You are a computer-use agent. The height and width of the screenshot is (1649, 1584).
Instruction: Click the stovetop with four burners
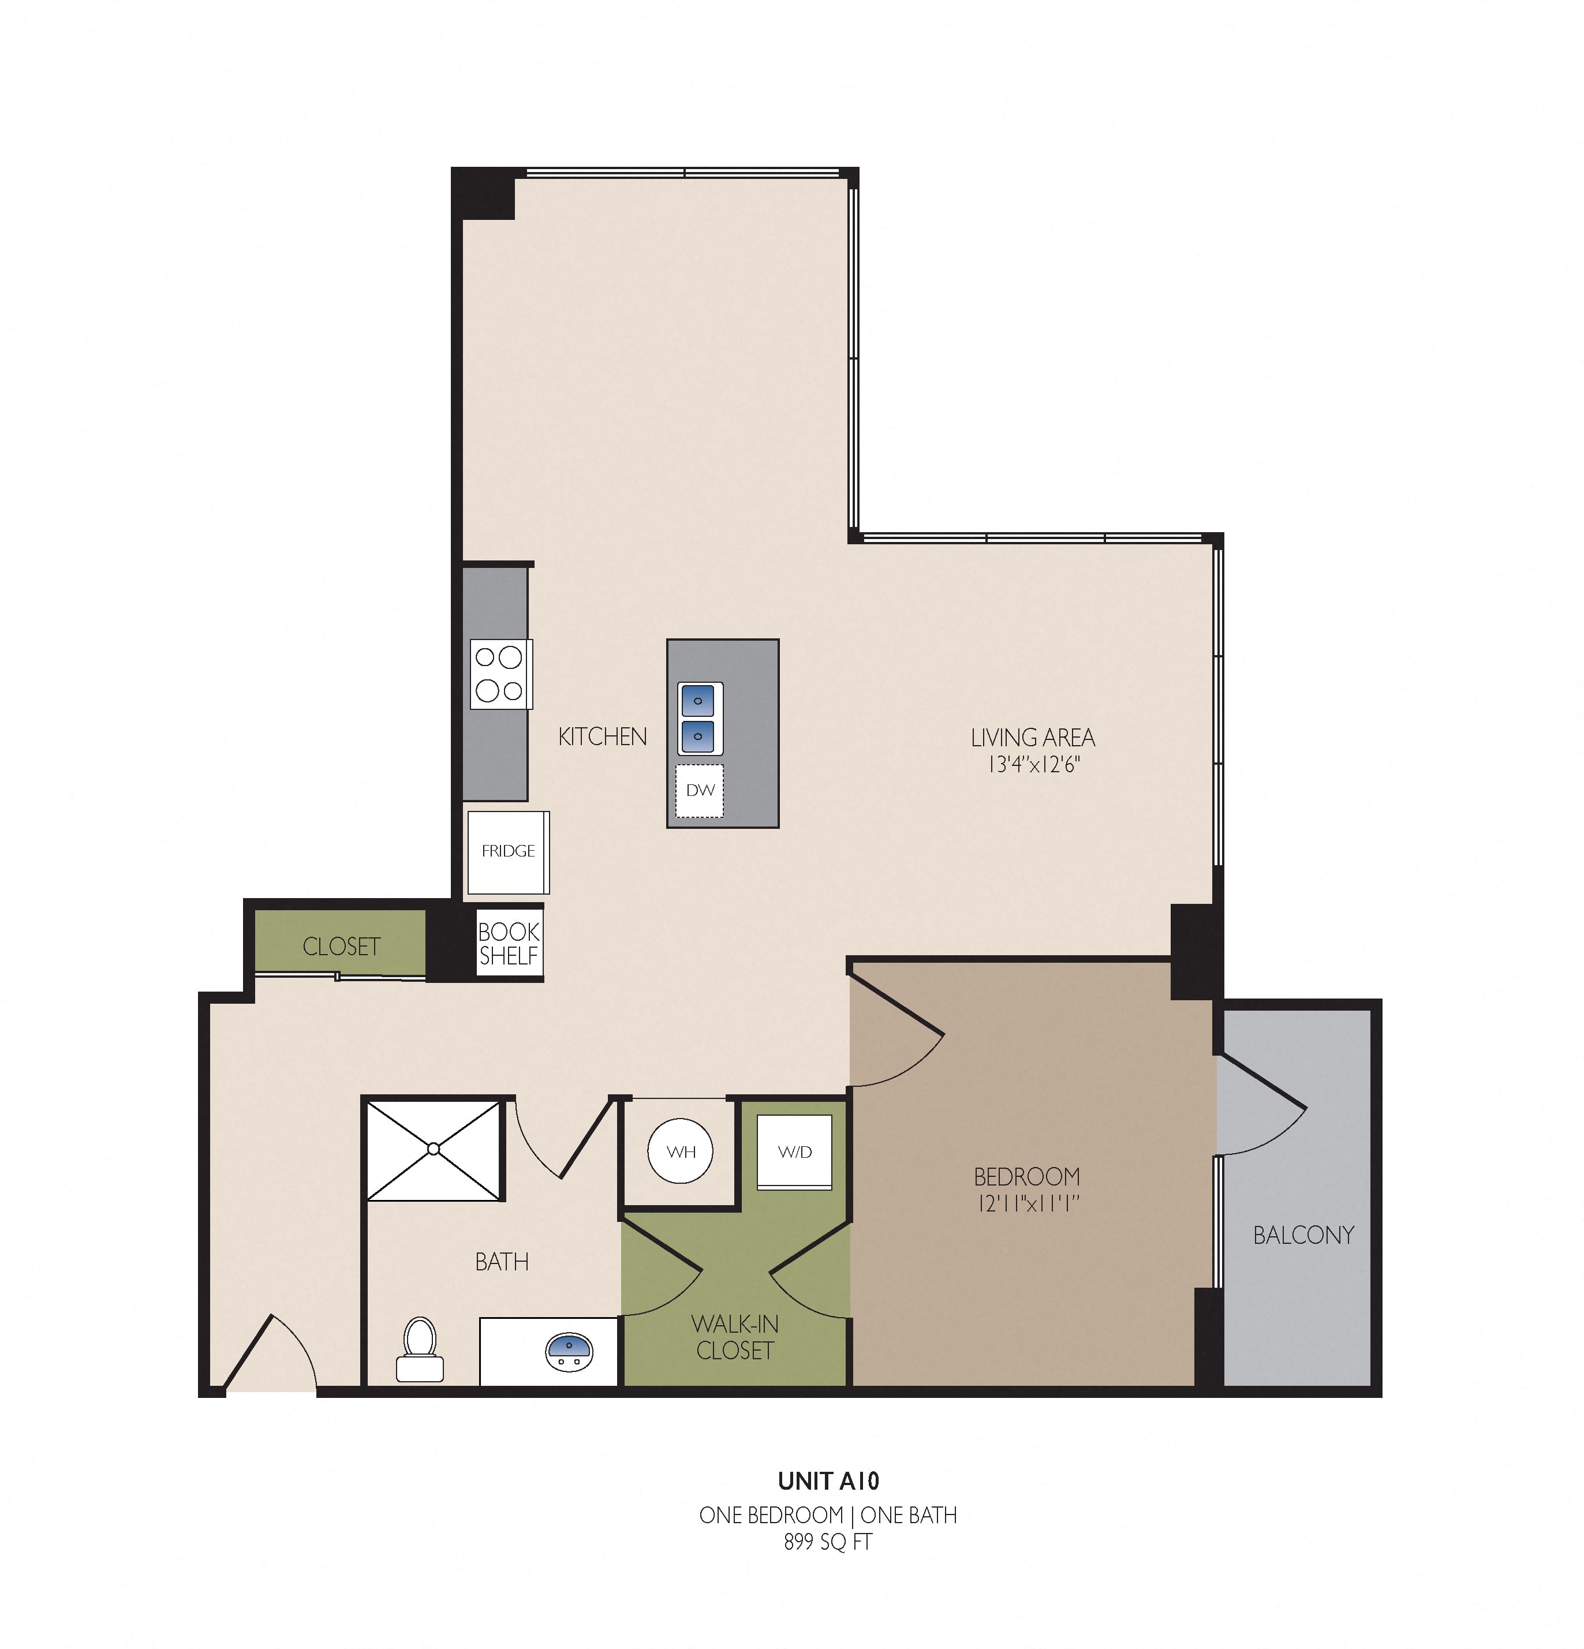tap(501, 674)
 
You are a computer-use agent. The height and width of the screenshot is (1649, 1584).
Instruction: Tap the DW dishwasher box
tap(700, 790)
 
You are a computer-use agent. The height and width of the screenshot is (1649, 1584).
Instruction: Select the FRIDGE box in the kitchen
tap(509, 851)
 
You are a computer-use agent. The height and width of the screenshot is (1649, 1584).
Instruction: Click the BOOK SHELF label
tap(509, 943)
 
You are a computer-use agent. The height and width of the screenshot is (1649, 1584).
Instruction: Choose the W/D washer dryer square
tap(794, 1152)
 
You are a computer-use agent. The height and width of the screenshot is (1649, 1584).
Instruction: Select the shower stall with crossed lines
tap(434, 1149)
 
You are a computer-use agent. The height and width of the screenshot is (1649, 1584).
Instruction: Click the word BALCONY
tap(1303, 1235)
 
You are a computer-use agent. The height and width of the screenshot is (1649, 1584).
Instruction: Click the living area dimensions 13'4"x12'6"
tap(1033, 765)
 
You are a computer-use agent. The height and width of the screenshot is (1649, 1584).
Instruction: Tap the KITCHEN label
tap(603, 737)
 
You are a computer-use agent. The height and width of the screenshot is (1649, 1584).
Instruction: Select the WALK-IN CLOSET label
tap(735, 1337)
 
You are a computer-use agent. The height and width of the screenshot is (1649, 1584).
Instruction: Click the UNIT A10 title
tap(828, 1480)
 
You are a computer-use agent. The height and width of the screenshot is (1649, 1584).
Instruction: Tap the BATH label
tap(502, 1262)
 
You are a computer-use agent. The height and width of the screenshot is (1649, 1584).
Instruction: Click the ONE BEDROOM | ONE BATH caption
tap(828, 1515)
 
